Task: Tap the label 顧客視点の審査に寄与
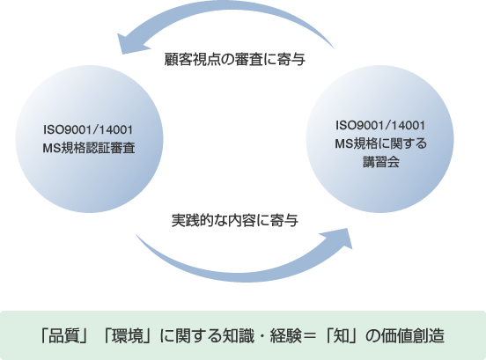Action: pos(234,59)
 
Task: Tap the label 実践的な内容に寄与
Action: pos(234,220)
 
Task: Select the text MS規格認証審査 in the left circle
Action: pos(89,148)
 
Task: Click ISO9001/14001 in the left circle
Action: pos(88,129)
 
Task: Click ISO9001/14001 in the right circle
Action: pos(380,126)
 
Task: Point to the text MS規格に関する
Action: pos(380,143)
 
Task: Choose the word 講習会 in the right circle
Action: pos(381,162)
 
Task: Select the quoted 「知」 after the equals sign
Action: pos(341,336)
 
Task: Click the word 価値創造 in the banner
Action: pos(413,336)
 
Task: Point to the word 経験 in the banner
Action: pos(286,336)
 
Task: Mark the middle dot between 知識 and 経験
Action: pos(262,336)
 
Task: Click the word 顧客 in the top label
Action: pos(178,59)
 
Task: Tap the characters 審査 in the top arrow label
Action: pos(249,59)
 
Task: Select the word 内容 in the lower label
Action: pos(242,220)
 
